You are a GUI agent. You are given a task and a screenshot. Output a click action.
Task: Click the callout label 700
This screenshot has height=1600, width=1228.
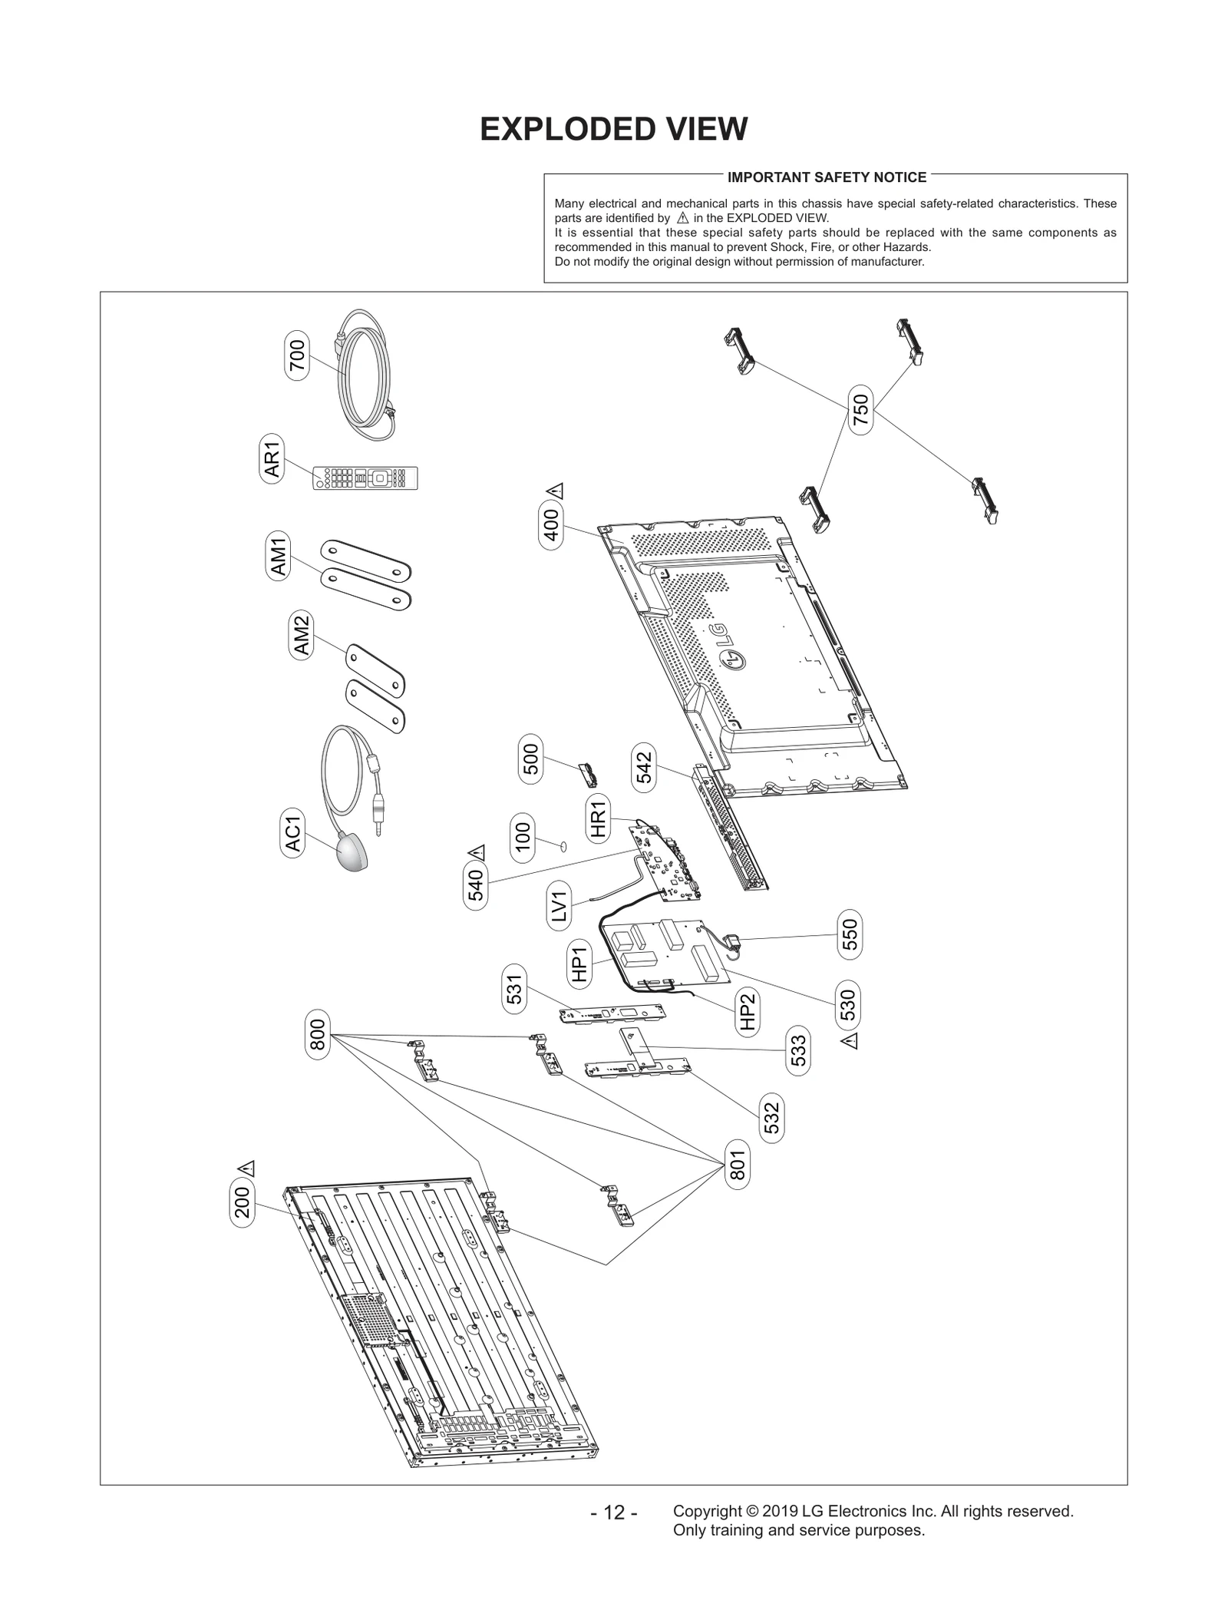tap(296, 355)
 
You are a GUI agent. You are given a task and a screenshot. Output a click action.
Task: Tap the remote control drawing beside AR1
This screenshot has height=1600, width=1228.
tap(365, 478)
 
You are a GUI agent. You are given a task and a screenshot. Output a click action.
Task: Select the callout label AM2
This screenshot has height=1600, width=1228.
tap(302, 635)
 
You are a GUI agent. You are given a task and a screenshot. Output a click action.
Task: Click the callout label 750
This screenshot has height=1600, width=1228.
tap(861, 410)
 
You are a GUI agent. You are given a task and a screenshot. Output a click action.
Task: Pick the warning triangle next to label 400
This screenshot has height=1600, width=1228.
tap(555, 491)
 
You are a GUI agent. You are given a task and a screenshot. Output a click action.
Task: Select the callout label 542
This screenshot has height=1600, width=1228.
tap(643, 767)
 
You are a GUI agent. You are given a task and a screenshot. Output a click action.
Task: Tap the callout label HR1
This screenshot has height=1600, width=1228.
tap(598, 818)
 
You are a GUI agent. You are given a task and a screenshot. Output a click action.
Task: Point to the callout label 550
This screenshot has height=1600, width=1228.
tap(850, 934)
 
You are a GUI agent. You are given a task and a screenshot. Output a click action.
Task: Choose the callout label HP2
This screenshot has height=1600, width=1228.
tap(748, 1012)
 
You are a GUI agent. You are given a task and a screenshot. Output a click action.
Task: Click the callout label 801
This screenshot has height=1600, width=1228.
tap(737, 1165)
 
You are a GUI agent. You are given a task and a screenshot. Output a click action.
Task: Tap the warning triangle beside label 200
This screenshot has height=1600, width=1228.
tap(246, 1168)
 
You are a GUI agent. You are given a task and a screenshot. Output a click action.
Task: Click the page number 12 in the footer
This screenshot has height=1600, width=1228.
tap(613, 1512)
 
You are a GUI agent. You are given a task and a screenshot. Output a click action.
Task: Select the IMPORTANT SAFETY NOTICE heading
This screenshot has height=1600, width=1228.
tap(827, 177)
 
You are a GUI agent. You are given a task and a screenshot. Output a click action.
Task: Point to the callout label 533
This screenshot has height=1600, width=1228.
tap(798, 1050)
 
